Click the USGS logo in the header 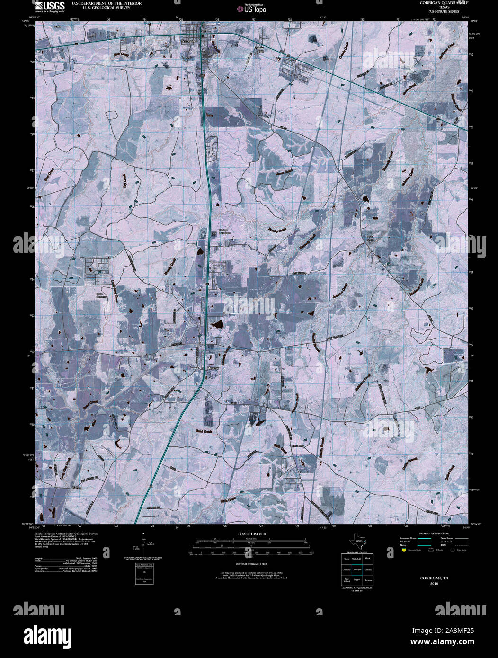[49, 6]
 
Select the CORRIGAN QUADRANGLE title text [440, 3]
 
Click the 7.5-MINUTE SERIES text [441, 10]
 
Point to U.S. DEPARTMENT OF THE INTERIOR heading [100, 3]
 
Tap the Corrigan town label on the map [188, 41]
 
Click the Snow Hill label [259, 50]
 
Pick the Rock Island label [371, 239]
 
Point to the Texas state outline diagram [357, 541]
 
